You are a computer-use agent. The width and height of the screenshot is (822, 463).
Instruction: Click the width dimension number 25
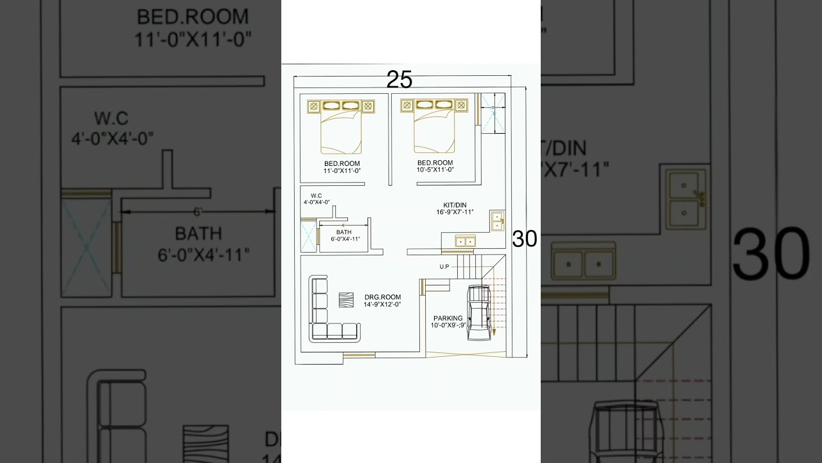(399, 80)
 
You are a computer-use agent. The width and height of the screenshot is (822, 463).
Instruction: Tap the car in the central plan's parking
(479, 313)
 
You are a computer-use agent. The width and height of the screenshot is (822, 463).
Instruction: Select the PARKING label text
(448, 318)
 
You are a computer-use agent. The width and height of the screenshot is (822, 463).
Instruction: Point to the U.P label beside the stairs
(444, 266)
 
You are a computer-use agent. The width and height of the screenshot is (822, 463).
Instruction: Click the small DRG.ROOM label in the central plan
(382, 297)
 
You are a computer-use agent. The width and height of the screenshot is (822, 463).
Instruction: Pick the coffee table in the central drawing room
(346, 300)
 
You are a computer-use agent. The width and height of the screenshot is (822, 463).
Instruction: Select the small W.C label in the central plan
(316, 195)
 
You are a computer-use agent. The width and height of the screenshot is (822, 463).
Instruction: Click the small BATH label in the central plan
(344, 232)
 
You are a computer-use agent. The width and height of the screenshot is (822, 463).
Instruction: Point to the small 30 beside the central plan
(524, 239)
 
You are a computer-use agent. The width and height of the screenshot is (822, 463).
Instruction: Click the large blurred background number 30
(771, 255)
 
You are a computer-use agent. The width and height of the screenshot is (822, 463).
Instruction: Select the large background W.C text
(111, 119)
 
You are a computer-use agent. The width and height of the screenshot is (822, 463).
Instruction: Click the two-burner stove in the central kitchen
(465, 241)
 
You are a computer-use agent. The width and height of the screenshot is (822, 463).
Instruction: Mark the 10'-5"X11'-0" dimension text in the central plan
(435, 170)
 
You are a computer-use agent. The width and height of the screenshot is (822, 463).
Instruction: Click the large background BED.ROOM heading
(193, 16)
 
